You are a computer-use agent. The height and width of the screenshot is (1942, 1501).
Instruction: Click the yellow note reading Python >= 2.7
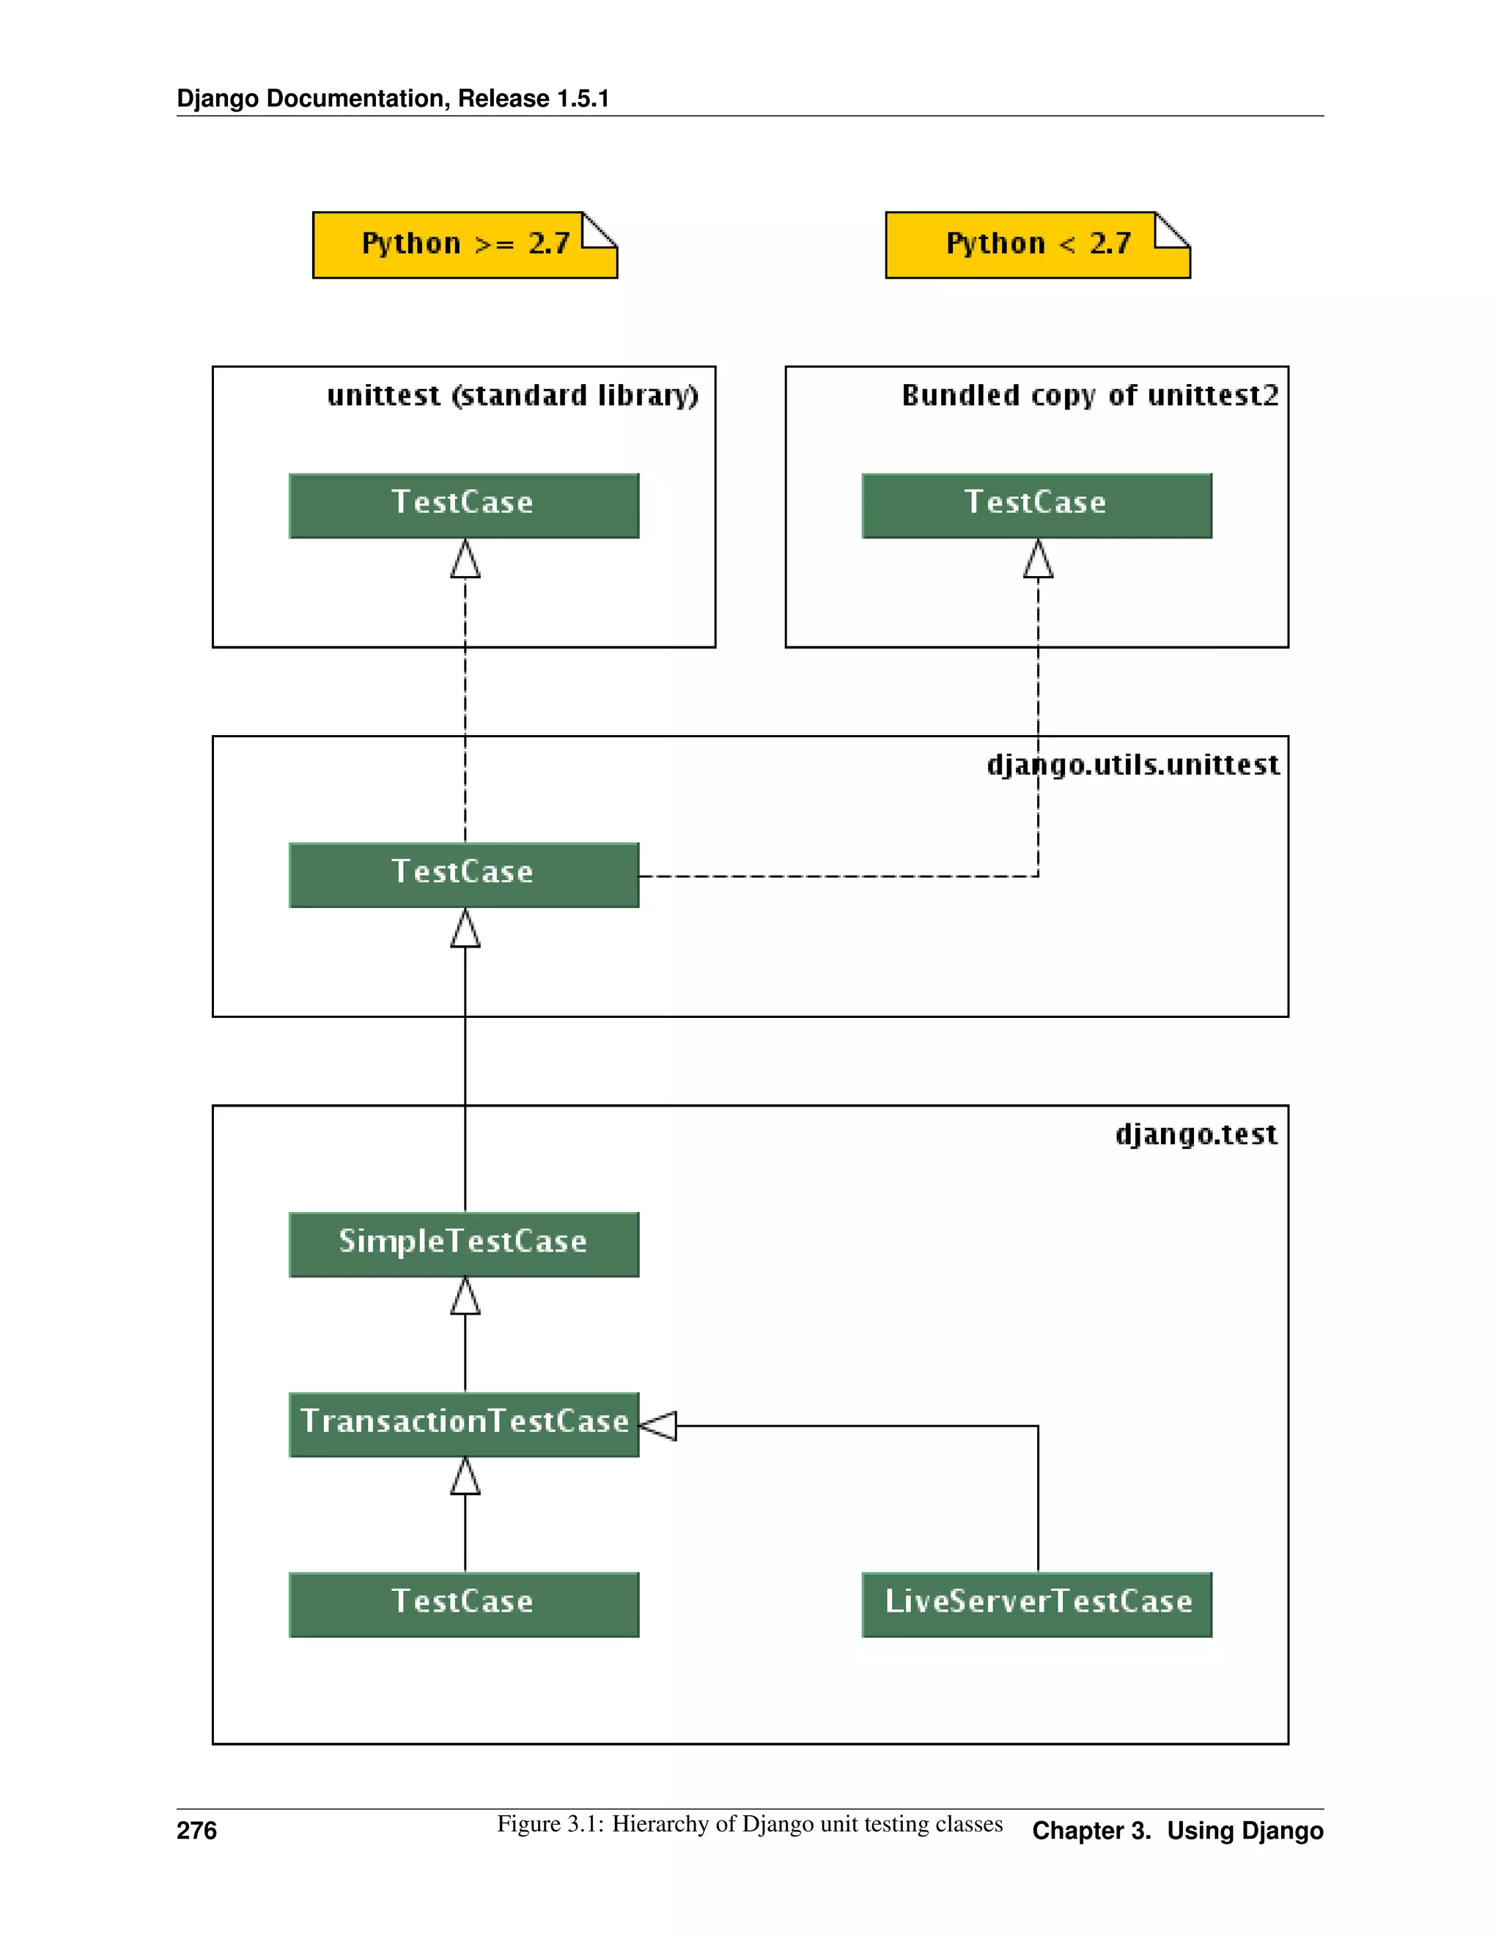click(x=464, y=245)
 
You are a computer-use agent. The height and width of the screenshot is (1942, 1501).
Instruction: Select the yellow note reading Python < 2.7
click(x=1037, y=245)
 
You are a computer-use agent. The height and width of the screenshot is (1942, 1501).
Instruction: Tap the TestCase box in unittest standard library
click(x=463, y=505)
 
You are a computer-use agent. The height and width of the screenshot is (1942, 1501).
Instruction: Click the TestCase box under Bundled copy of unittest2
click(x=1036, y=505)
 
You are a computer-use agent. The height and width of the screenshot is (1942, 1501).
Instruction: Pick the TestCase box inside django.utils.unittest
click(x=463, y=875)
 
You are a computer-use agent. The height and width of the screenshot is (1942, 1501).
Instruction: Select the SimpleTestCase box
click(x=463, y=1244)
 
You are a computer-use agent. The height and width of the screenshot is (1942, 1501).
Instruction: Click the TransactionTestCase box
click(x=463, y=1424)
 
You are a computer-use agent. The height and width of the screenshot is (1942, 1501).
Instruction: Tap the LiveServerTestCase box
click(x=1036, y=1604)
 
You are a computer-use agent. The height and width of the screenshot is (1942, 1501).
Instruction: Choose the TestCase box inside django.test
click(x=463, y=1604)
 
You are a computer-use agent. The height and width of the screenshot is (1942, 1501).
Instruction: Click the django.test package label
click(x=1195, y=1134)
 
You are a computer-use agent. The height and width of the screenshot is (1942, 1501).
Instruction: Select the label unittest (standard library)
click(x=512, y=396)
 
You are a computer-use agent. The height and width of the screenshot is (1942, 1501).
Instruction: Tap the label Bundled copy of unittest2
click(x=1089, y=396)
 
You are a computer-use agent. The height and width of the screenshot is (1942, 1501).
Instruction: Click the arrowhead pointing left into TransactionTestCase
click(x=659, y=1425)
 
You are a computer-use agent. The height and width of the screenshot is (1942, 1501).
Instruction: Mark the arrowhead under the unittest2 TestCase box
click(x=1038, y=560)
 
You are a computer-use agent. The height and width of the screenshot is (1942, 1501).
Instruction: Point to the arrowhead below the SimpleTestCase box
click(x=465, y=1296)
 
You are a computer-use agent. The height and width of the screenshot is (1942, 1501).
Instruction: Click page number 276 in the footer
click(x=196, y=1830)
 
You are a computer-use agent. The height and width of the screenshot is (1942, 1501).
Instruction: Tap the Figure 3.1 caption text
click(x=749, y=1824)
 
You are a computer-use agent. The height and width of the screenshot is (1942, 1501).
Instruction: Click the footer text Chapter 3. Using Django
click(x=1176, y=1831)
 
